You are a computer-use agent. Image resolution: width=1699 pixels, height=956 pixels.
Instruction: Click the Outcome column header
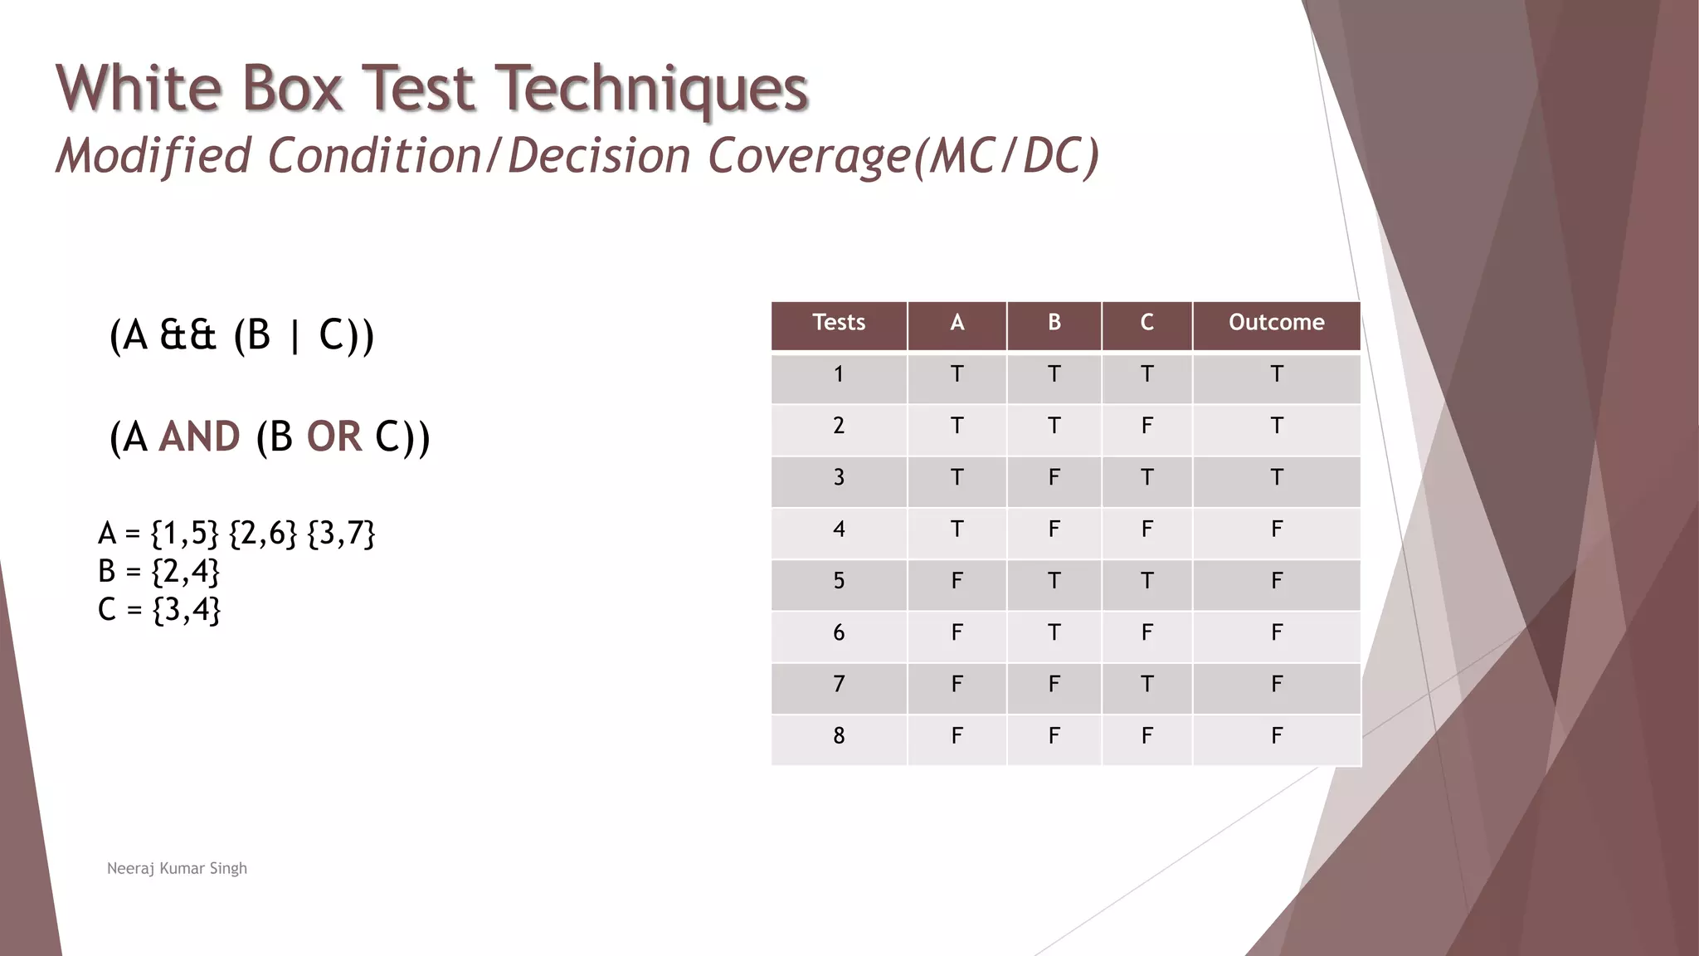point(1276,323)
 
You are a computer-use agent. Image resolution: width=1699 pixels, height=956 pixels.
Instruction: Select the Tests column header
point(839,323)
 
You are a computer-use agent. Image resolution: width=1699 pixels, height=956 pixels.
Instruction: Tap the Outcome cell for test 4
point(1276,529)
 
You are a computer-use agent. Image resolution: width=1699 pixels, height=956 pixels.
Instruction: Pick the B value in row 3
point(1054,478)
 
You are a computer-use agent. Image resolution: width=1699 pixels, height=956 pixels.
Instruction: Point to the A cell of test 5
point(957,581)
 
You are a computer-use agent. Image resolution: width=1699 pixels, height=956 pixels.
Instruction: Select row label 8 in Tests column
point(839,736)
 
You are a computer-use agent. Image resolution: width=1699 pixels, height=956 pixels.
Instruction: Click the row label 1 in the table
point(839,375)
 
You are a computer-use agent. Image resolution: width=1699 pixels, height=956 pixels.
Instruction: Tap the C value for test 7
point(1146,685)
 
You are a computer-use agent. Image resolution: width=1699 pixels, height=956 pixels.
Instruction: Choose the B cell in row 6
point(1054,633)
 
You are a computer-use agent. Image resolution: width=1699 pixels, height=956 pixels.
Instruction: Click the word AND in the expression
point(199,437)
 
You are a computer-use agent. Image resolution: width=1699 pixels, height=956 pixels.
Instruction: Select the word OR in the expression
point(334,437)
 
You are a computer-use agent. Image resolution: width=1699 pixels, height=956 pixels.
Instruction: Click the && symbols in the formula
point(187,336)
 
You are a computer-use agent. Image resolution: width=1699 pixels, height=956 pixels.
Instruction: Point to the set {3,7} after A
point(341,534)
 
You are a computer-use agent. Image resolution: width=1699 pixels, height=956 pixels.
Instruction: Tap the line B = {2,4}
point(158,572)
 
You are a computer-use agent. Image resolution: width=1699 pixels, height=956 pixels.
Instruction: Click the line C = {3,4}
point(158,610)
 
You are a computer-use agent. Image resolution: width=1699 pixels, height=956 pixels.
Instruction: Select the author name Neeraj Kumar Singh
point(177,869)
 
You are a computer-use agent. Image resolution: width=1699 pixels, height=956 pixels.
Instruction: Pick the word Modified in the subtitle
point(153,156)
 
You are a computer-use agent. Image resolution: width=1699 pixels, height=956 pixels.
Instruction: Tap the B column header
point(1054,323)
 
